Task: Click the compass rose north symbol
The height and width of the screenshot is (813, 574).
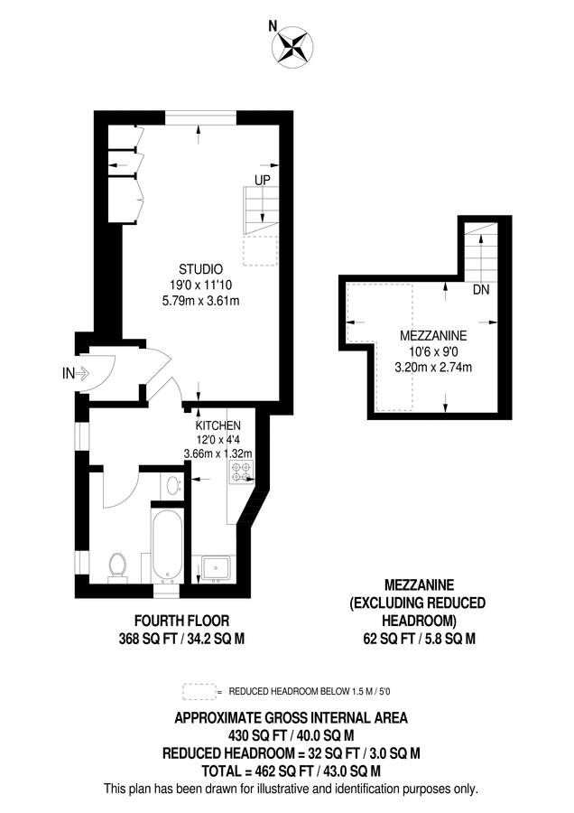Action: (294, 48)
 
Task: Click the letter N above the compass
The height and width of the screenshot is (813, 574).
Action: (273, 26)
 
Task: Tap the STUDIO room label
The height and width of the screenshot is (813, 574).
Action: (200, 269)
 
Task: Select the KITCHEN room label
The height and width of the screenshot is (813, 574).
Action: (218, 425)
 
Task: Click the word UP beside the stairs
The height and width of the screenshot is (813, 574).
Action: (262, 180)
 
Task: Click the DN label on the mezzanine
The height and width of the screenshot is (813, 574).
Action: (482, 291)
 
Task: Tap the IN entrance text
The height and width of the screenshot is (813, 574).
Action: (68, 371)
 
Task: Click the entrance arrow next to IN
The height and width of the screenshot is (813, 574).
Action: (83, 371)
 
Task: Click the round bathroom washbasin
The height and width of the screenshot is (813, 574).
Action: (174, 488)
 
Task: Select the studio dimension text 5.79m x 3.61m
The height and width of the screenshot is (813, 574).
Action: (200, 300)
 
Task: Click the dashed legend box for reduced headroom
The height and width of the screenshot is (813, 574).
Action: (199, 691)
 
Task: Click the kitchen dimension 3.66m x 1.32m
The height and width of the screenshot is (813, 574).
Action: (218, 453)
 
